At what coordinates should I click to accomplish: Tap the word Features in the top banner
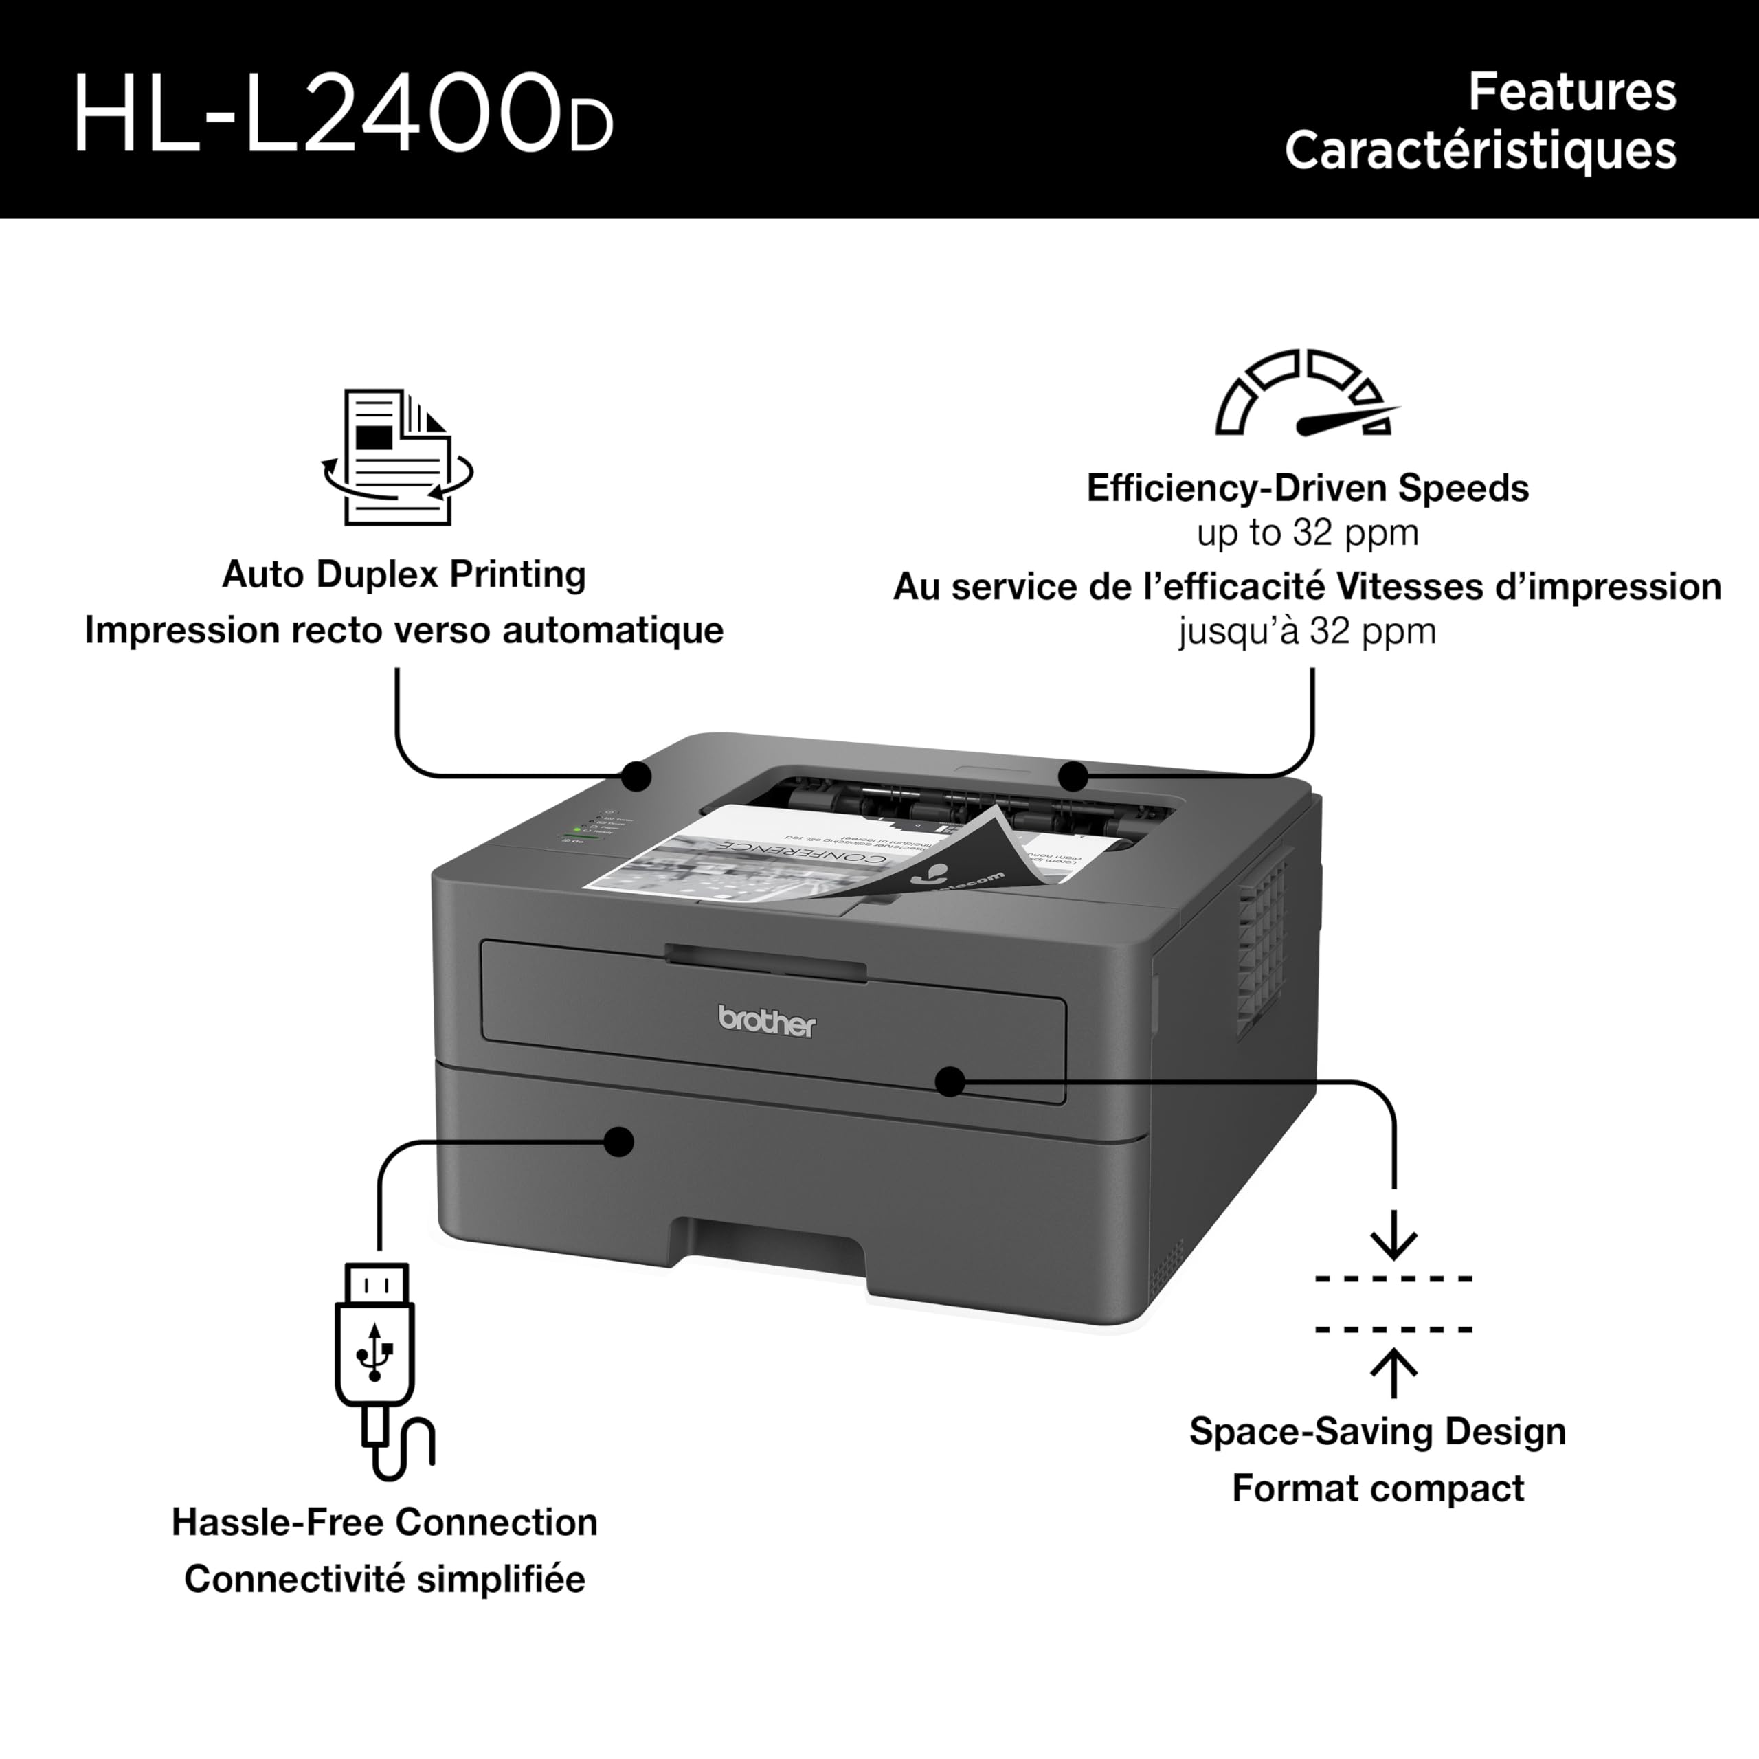coord(1571,92)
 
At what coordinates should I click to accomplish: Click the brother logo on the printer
coord(767,1022)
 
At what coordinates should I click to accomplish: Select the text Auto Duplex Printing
coord(403,574)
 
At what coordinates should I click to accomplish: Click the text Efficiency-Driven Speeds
coord(1308,488)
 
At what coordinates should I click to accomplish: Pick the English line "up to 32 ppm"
coord(1308,533)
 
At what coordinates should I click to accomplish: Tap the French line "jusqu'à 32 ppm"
coord(1308,631)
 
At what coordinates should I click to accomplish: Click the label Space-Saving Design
coord(1378,1431)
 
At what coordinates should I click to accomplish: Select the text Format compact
coord(1378,1488)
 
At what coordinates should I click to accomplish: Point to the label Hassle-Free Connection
coord(384,1522)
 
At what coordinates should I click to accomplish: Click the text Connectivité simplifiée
coord(384,1580)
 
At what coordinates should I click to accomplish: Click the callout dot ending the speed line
coord(1073,776)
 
